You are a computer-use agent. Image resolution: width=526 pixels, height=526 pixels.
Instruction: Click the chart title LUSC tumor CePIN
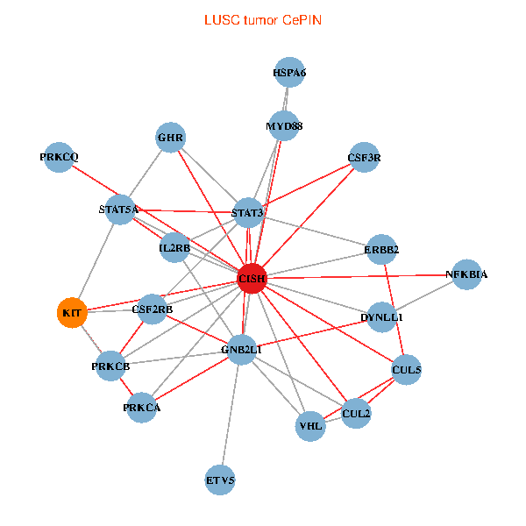(262, 19)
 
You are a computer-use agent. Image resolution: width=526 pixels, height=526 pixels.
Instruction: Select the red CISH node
(252, 278)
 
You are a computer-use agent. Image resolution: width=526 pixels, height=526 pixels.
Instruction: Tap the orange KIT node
(72, 312)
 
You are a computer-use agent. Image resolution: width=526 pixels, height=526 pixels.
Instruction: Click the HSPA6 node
(289, 74)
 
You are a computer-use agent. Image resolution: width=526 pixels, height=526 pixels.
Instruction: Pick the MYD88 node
(284, 126)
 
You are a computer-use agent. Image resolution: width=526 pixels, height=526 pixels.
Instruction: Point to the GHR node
(171, 138)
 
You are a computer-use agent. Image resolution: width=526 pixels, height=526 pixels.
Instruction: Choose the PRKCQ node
(59, 158)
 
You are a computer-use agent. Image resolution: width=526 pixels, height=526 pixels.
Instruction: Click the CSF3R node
(365, 159)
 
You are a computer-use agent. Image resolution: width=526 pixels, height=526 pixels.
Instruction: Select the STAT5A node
(119, 210)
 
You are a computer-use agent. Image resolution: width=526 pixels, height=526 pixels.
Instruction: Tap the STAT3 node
(247, 213)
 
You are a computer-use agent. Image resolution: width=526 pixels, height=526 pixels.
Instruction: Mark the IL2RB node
(174, 248)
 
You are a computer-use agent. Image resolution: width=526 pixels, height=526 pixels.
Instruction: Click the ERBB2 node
(381, 250)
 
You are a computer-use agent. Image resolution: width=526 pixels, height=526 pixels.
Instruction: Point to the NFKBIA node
(466, 274)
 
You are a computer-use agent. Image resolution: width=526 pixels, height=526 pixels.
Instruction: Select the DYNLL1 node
(381, 316)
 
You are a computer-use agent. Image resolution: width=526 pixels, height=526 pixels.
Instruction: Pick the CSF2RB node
(153, 309)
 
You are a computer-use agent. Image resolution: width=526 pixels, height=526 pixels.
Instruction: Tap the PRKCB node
(110, 365)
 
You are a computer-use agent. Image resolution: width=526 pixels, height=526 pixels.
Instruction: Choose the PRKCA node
(142, 407)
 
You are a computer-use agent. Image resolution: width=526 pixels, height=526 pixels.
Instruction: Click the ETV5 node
(221, 480)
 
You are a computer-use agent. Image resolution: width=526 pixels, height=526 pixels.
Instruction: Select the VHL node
(311, 426)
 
